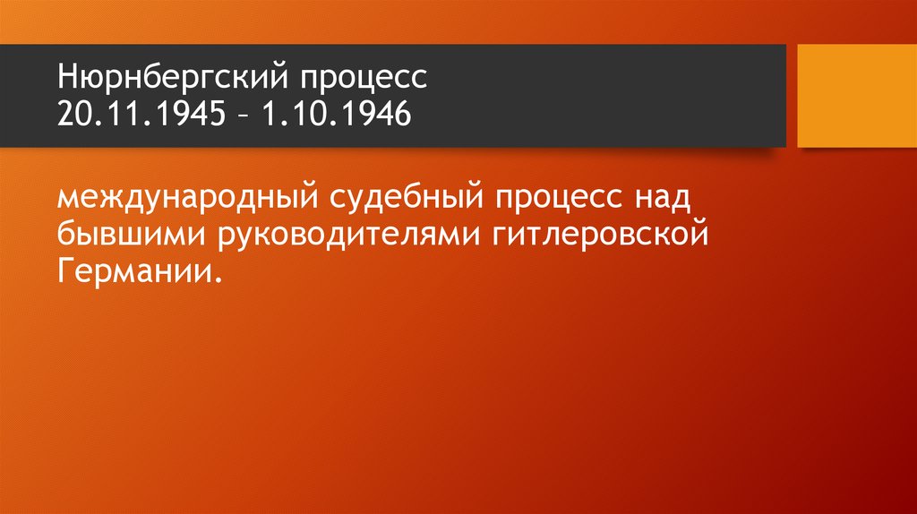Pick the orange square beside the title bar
(857, 96)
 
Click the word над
(661, 196)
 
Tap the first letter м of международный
(68, 198)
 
